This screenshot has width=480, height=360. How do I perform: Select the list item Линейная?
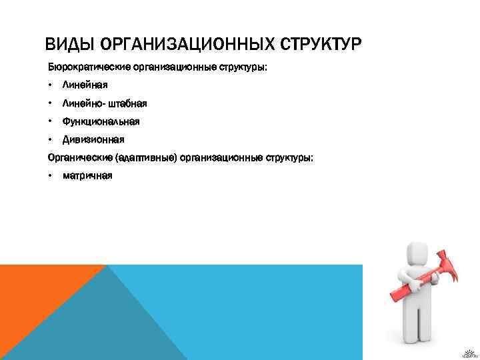(85, 85)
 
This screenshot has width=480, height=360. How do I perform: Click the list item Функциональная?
(101, 121)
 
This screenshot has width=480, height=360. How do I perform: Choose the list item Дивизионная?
(93, 139)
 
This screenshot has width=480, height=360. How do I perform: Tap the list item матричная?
(87, 176)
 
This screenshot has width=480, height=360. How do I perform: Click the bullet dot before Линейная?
(50, 85)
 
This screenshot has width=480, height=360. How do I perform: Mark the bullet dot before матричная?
(50, 176)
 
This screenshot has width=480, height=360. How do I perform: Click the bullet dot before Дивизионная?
(50, 139)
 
